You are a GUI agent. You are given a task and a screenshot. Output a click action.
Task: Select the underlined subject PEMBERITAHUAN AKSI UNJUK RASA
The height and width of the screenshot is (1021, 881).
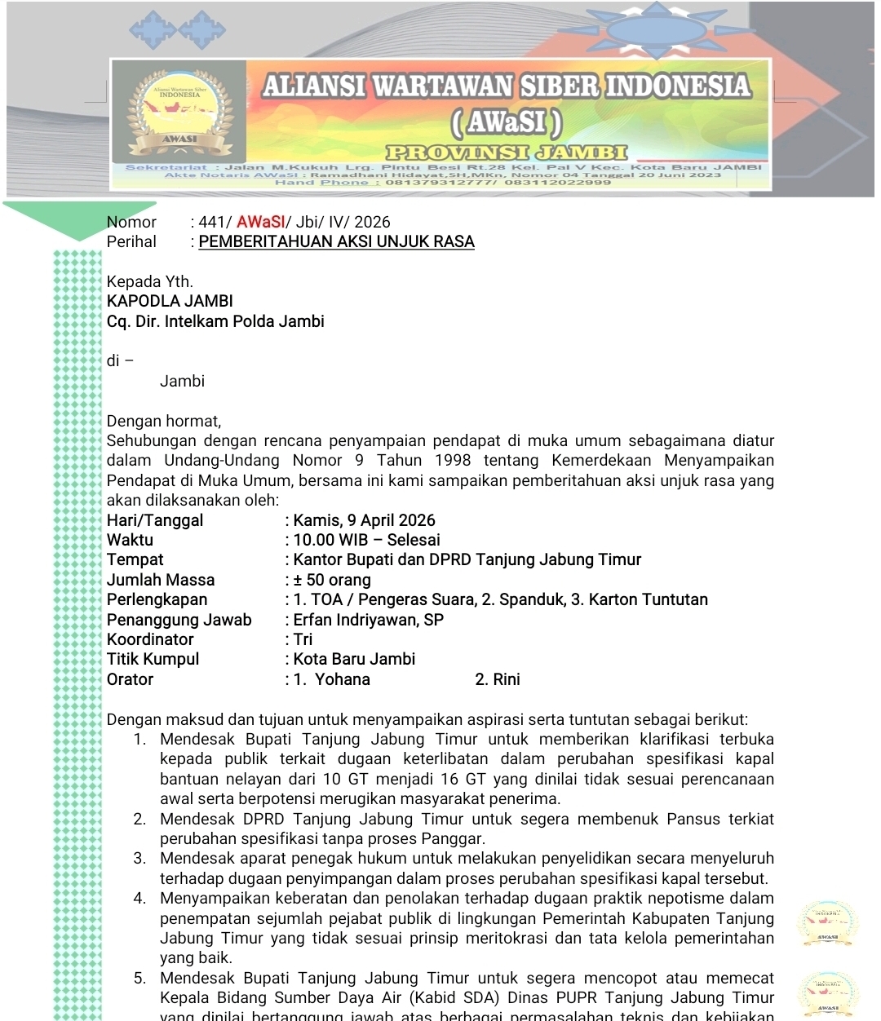point(336,241)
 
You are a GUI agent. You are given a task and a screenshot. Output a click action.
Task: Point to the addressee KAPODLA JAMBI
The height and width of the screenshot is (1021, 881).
point(170,301)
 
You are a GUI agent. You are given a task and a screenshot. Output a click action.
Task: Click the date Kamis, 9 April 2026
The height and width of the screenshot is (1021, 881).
point(364,520)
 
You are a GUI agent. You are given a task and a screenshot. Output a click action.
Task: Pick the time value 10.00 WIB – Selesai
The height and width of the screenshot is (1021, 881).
point(366,540)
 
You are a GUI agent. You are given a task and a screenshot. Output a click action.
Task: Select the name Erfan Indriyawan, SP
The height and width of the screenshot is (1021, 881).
point(368,620)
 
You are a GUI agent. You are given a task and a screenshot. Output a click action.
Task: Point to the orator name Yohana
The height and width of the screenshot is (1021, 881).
point(343,679)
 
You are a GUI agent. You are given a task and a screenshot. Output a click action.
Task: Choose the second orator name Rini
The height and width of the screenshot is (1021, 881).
point(506,679)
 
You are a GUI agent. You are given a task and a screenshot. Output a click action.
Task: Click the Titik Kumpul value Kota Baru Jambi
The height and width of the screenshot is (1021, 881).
point(354,659)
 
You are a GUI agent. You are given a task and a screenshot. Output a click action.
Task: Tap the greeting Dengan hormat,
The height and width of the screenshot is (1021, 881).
point(164,421)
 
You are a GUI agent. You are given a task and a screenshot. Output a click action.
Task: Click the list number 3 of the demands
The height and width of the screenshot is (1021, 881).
point(139,859)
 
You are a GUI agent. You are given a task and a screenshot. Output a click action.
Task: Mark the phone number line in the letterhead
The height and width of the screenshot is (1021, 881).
point(443,183)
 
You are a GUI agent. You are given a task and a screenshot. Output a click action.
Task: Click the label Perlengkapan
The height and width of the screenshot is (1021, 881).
point(157,599)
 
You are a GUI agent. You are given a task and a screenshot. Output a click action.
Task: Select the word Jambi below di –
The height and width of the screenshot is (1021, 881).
point(182,381)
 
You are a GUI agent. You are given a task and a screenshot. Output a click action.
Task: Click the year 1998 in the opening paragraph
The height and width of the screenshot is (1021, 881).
point(453,461)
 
